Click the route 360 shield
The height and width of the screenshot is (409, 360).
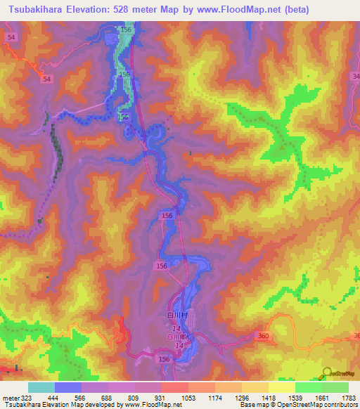[263, 337]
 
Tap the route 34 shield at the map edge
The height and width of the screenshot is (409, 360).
[356, 75]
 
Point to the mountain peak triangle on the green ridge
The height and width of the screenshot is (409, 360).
[283, 148]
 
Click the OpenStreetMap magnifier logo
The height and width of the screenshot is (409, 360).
[327, 372]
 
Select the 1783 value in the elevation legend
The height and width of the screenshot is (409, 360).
[347, 397]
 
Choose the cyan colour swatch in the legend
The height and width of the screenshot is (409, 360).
[41, 387]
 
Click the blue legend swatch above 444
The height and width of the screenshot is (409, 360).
[68, 387]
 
